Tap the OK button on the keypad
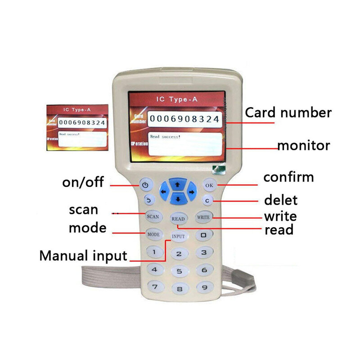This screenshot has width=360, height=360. [209, 185]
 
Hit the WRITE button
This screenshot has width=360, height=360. [203, 217]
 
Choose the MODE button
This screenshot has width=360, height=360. [153, 234]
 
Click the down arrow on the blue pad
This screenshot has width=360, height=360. [178, 198]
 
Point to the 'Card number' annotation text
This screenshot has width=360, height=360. [288, 112]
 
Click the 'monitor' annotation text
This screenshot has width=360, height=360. [304, 146]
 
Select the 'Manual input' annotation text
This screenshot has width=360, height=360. [83, 256]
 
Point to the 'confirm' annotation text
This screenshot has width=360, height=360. [288, 177]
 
